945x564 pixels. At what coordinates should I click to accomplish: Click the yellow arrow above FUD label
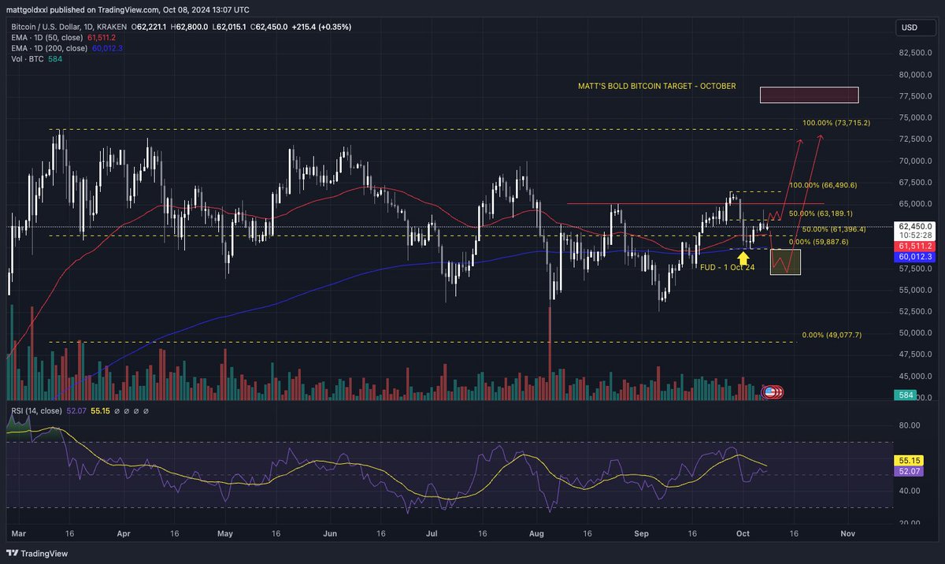coord(743,256)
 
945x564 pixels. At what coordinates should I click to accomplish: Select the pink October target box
coord(809,95)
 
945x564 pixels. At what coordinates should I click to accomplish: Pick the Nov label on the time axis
coord(847,533)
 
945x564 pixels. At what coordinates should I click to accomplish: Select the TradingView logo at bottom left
coord(39,553)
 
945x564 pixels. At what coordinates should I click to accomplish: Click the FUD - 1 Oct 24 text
coord(728,267)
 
